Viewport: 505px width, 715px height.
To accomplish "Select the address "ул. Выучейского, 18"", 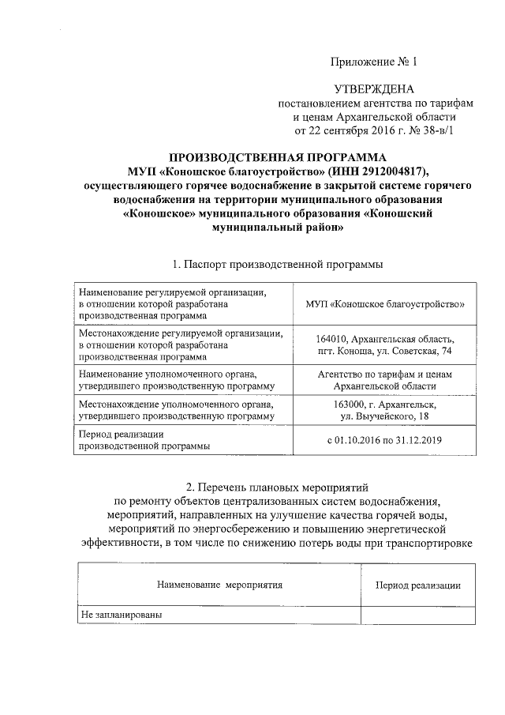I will click(385, 416).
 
